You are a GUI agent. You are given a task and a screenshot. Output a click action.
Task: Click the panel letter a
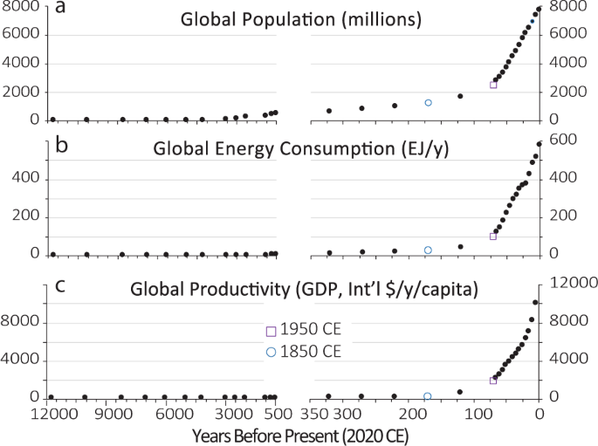pos(61,10)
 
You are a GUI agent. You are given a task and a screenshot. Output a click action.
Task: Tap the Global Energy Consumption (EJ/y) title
pos(301,149)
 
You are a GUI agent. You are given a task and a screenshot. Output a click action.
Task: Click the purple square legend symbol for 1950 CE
pos(271,332)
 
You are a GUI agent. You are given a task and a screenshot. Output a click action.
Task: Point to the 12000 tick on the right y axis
pos(567,283)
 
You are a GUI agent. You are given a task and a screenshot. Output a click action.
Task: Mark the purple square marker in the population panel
pos(493,85)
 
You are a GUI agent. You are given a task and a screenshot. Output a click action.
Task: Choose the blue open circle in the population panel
pos(428,103)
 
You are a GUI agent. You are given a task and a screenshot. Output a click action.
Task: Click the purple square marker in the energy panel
pos(493,237)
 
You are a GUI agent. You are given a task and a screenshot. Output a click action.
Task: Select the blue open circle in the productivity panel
pos(428,396)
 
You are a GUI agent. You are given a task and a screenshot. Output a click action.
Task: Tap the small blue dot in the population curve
pos(532,21)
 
